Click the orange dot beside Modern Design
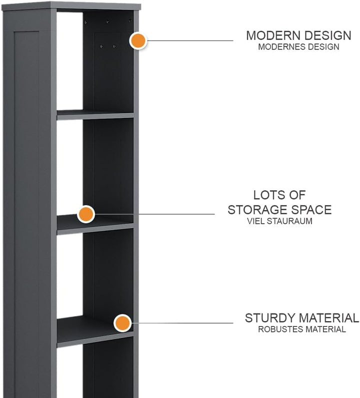[138, 40]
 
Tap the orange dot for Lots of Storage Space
[86, 214]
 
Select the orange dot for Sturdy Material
[122, 323]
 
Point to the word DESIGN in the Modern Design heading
[326, 35]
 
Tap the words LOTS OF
[279, 195]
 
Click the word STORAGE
[258, 210]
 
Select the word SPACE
[311, 210]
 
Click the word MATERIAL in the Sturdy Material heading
[329, 318]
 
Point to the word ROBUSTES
[280, 330]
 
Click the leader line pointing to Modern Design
[189, 40]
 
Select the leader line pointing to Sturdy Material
[181, 323]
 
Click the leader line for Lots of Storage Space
[153, 214]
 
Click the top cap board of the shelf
[71, 6]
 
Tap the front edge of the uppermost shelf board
[95, 116]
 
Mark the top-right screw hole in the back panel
[130, 21]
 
